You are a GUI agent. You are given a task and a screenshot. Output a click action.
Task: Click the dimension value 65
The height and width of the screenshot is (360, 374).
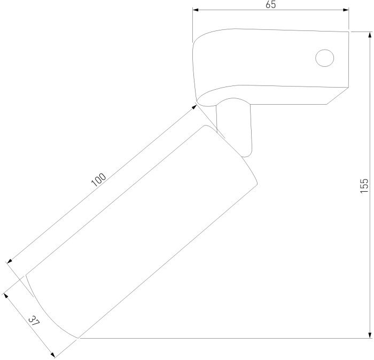click(x=271, y=4)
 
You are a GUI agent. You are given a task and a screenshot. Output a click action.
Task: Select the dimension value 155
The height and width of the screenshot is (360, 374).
click(x=364, y=186)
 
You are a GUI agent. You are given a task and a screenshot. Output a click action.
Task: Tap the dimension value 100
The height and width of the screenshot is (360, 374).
click(x=98, y=179)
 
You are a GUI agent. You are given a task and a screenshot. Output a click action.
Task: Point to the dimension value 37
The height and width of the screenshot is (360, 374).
click(x=34, y=321)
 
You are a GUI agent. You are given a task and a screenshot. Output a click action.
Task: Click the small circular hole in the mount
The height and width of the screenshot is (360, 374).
click(x=324, y=58)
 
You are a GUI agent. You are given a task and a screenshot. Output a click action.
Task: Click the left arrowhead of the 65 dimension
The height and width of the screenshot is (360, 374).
click(x=196, y=10)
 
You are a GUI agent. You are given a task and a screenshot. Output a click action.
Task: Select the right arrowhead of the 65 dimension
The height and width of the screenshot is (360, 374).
click(x=346, y=10)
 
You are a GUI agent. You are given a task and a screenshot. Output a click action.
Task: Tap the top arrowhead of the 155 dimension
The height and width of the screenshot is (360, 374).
click(x=370, y=35)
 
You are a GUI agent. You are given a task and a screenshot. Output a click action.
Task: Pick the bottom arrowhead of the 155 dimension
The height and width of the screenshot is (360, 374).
click(x=370, y=335)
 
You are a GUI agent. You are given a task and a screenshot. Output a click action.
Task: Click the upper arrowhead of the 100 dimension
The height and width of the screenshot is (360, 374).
click(x=194, y=107)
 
